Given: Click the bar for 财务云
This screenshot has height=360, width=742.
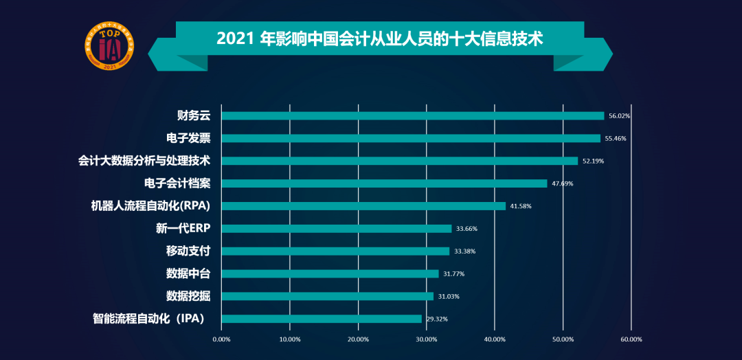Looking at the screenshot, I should pos(412,115).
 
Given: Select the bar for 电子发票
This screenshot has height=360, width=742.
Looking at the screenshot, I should pos(411,138).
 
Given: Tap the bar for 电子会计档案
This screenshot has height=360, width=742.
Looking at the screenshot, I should pos(384,183).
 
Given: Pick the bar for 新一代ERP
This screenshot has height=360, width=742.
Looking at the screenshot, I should pos(336,229).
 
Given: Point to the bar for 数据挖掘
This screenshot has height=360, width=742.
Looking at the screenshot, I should pos(327,296).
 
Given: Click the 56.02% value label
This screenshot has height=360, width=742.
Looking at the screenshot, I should pos(619,116).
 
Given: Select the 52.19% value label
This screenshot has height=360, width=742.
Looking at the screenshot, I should pos(593,161).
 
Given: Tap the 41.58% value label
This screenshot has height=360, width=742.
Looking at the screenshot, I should pos(520,206).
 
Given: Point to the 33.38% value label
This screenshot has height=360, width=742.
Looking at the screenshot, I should pos(464,251).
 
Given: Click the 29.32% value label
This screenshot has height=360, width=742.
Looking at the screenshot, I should pos(436,319).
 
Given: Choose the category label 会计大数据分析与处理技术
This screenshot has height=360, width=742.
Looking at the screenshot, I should pos(144,161).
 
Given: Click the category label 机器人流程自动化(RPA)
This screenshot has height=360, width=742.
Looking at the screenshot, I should pos(150,206).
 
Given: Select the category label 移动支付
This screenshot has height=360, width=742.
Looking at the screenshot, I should pos(188,251).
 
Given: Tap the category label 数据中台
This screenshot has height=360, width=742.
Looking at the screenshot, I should pos(188,273).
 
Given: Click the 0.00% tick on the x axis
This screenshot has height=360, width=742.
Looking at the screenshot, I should pos(221,339).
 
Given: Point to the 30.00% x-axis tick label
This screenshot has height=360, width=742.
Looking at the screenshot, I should pos(426,339).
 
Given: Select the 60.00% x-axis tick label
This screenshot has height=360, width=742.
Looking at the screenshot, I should pos(631,339).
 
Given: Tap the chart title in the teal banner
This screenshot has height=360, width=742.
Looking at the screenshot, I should pos(380,38).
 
